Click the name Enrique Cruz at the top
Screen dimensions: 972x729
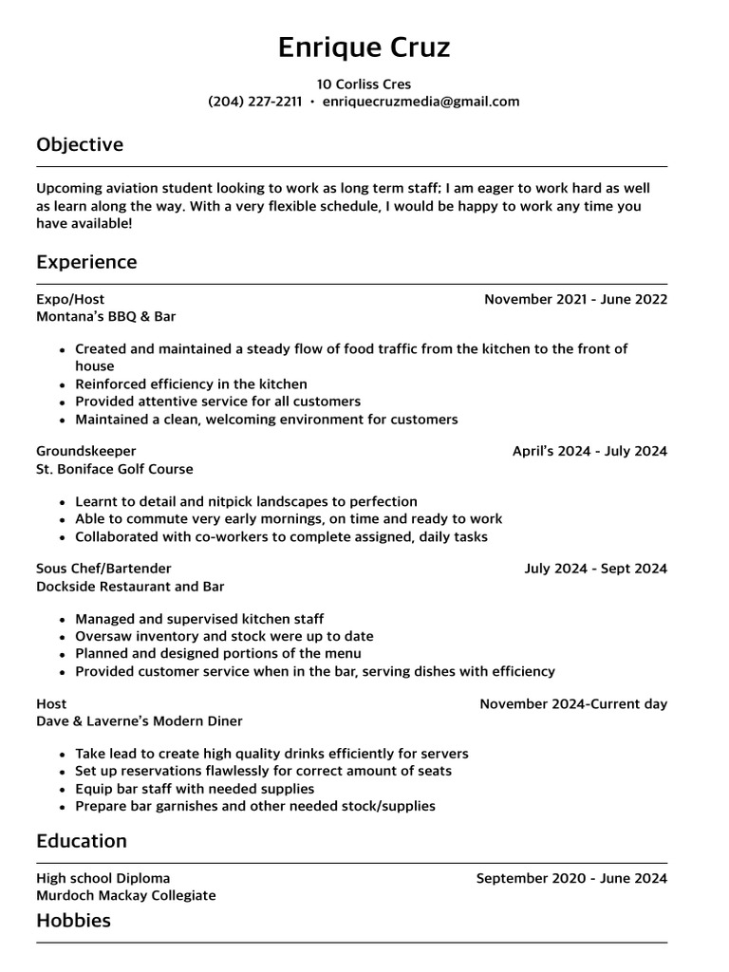[x=364, y=47]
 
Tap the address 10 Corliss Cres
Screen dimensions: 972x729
[x=364, y=84]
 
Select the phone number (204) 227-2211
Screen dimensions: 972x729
[x=254, y=103]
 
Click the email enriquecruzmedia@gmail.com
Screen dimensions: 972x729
[x=421, y=103]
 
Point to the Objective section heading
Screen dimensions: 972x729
[x=80, y=145]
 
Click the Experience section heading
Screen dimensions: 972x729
[x=86, y=262]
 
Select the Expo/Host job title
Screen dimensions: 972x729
[x=70, y=300]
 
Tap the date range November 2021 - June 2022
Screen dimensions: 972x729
[x=575, y=300]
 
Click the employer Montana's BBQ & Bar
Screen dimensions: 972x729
[x=106, y=317]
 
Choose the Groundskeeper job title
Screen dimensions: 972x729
[x=86, y=452]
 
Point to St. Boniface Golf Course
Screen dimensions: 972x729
[x=115, y=469]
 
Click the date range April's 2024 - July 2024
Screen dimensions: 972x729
[x=589, y=452]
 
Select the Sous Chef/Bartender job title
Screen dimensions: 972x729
[x=103, y=570]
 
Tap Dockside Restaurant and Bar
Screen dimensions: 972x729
[x=130, y=587]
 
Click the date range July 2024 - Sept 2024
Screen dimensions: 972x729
[x=595, y=570]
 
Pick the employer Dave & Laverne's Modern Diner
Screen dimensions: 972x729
[x=140, y=721]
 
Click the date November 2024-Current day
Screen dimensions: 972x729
[x=573, y=704]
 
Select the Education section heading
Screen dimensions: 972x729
[x=82, y=842]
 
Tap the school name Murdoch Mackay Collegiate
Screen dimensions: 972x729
[x=126, y=896]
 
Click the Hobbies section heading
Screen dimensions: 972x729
[x=73, y=921]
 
